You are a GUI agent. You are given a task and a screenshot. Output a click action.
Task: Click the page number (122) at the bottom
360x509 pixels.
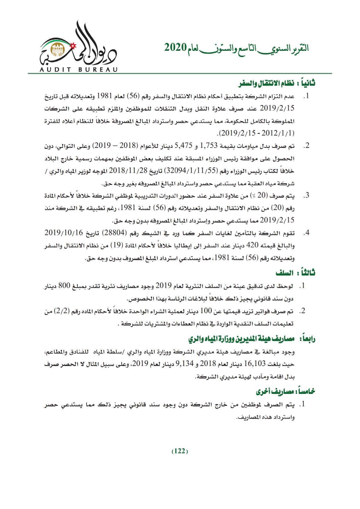coord(180,451)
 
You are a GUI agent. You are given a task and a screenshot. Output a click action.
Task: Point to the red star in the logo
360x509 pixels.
coord(73,46)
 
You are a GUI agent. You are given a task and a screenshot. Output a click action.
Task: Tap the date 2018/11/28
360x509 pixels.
coord(125,171)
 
